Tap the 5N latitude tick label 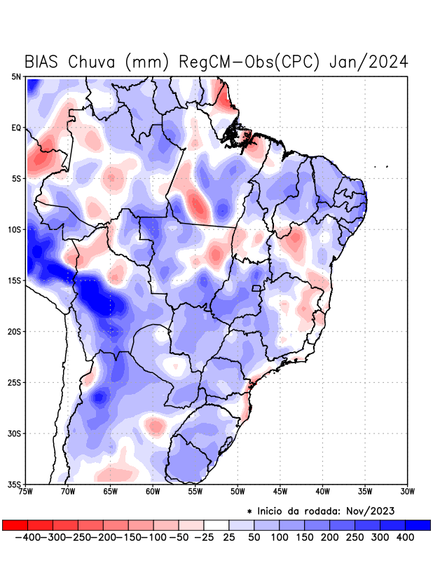click(x=16, y=76)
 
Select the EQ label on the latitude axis click(x=16, y=128)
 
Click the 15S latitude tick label click(x=15, y=280)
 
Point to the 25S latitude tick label click(x=15, y=382)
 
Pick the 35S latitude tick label click(x=15, y=484)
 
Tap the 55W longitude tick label click(x=195, y=492)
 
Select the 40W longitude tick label click(x=322, y=492)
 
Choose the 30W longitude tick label click(x=407, y=492)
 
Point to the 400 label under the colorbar click(x=406, y=537)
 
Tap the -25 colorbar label click(x=204, y=537)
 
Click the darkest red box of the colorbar click(x=15, y=525)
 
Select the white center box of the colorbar click(x=216, y=525)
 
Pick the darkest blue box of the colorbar click(x=418, y=525)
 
